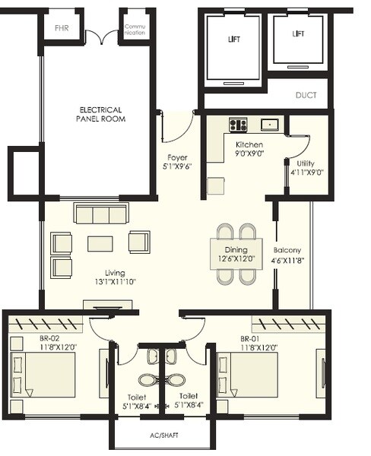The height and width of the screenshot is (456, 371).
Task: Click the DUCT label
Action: pyautogui.click(x=306, y=96)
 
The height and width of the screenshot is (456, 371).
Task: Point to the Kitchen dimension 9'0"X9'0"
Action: pyautogui.click(x=249, y=154)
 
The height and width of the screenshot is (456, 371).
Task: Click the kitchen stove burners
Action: pyautogui.click(x=238, y=125)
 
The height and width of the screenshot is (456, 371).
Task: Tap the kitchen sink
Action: pyautogui.click(x=270, y=125)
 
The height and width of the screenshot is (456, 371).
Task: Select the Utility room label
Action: pyautogui.click(x=307, y=163)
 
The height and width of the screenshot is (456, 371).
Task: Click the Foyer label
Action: pyautogui.click(x=177, y=158)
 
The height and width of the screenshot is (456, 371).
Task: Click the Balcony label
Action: pyautogui.click(x=287, y=250)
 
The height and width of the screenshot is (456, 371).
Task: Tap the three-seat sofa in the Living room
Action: pyautogui.click(x=100, y=214)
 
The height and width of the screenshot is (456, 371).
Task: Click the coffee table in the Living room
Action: pyautogui.click(x=100, y=243)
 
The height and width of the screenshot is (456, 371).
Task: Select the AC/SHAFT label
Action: pyautogui.click(x=160, y=438)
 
